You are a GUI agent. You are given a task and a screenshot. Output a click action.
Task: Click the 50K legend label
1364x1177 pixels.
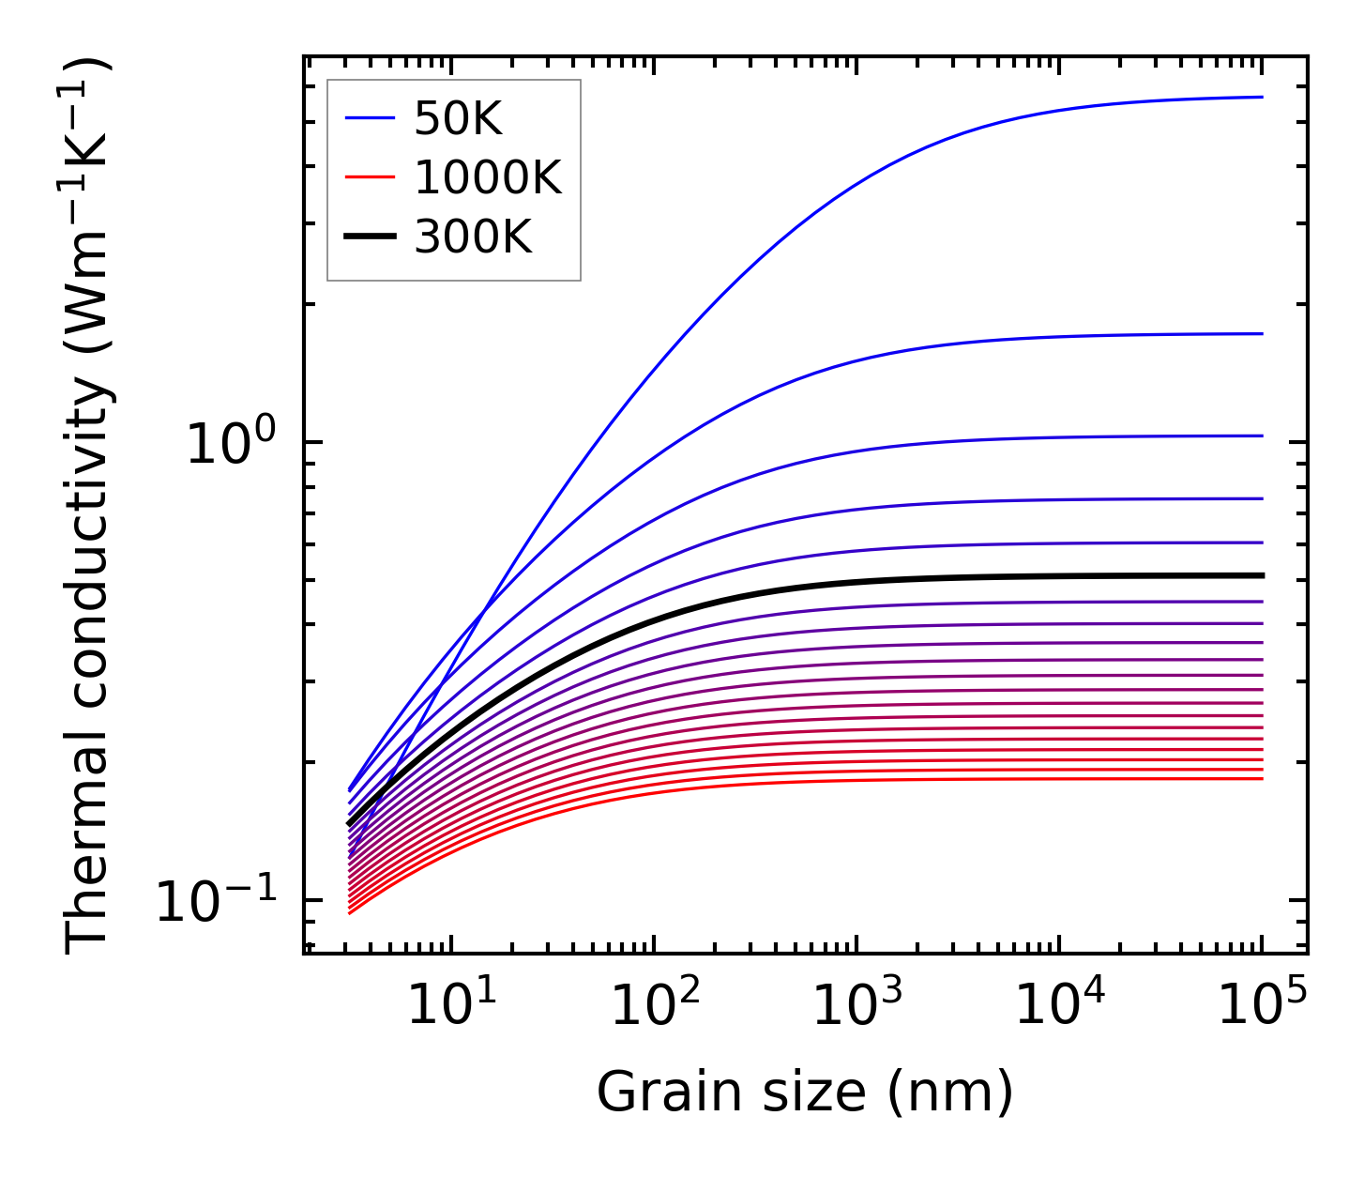click(x=458, y=119)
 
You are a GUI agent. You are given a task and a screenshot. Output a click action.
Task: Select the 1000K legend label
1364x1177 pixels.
click(x=488, y=178)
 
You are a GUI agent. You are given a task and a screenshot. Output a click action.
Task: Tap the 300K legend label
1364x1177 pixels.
click(x=473, y=237)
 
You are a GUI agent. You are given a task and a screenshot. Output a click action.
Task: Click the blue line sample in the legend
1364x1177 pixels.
click(x=370, y=119)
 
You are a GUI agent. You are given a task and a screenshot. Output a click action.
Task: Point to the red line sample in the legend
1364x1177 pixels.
click(x=370, y=178)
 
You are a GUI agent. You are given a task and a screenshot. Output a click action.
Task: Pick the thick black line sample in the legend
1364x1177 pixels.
click(x=370, y=237)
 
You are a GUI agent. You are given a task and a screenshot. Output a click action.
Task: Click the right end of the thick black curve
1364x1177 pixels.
click(x=1263, y=575)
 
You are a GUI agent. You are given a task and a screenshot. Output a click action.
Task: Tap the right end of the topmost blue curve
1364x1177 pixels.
click(x=1263, y=97)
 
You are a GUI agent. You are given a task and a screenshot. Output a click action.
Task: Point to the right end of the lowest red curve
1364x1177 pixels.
click(x=1263, y=778)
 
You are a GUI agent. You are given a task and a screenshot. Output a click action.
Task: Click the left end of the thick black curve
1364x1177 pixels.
click(x=349, y=824)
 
